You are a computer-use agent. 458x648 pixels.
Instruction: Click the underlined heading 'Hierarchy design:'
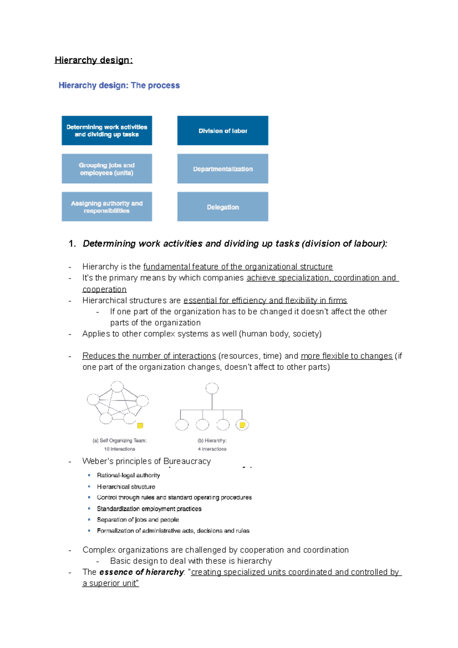(x=94, y=60)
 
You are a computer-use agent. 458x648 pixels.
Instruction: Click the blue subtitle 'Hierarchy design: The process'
(x=119, y=85)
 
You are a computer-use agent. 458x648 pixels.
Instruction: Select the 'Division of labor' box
(x=223, y=131)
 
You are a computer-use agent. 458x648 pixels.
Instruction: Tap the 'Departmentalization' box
(x=223, y=169)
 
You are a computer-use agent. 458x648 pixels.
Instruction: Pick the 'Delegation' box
(x=223, y=207)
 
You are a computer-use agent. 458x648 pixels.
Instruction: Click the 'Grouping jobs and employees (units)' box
(x=107, y=169)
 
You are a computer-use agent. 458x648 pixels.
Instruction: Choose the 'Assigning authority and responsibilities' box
(x=107, y=207)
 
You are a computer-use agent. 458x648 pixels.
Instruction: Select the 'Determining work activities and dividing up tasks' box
(x=107, y=131)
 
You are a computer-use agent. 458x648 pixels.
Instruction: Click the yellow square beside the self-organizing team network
(x=140, y=426)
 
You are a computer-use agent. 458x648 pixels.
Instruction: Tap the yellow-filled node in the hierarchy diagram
(x=242, y=424)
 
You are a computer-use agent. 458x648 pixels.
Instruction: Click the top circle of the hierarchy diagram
(x=212, y=388)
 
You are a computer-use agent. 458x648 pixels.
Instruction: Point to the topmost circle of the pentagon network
(x=117, y=386)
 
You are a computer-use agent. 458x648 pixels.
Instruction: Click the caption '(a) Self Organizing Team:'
(x=119, y=440)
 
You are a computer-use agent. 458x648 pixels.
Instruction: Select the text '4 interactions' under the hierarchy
(x=212, y=449)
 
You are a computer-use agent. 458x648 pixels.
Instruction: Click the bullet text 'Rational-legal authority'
(x=128, y=476)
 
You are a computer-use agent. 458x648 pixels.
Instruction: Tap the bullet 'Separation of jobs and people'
(x=138, y=520)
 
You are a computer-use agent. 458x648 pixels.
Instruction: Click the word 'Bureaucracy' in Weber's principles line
(x=187, y=461)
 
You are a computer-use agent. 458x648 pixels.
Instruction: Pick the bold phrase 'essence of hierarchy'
(x=142, y=572)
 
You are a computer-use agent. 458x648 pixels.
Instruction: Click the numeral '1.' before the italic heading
(x=72, y=244)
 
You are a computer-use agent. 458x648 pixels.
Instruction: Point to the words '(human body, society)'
(x=281, y=334)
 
